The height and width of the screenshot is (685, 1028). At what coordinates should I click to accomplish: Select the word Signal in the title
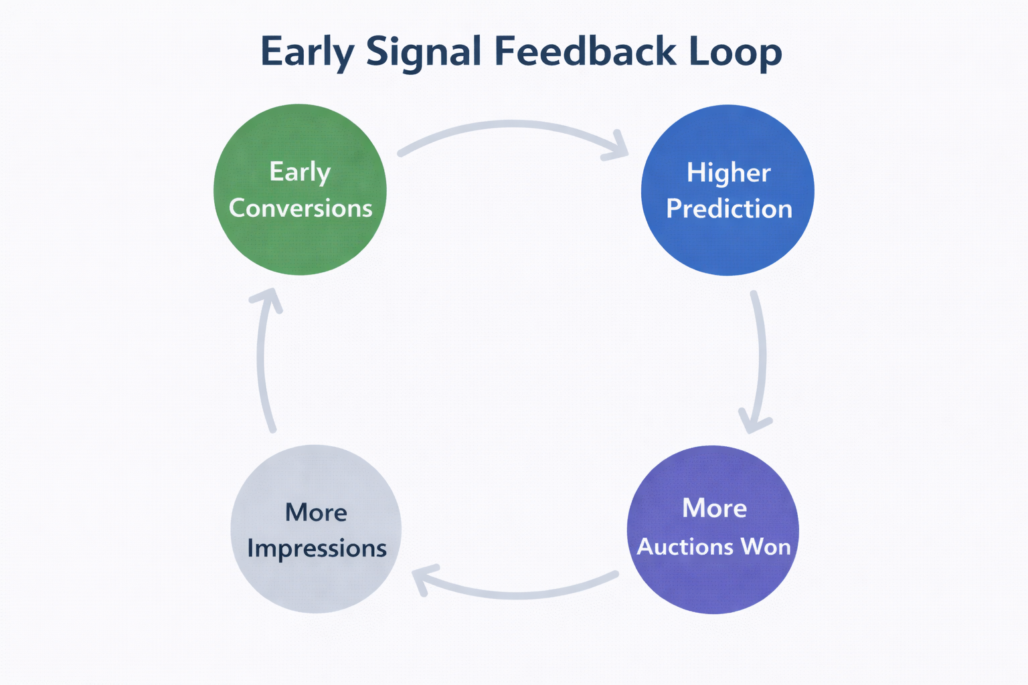[423, 52]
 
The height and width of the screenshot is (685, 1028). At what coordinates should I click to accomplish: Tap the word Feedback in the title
[586, 51]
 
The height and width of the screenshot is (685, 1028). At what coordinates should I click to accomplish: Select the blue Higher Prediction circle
[727, 248]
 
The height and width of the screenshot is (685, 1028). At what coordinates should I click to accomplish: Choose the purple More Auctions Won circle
[713, 582]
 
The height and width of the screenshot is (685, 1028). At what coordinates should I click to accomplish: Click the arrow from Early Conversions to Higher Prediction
[512, 124]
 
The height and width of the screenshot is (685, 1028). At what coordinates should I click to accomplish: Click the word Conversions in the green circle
[301, 208]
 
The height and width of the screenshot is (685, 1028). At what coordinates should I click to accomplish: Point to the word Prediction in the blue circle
[729, 209]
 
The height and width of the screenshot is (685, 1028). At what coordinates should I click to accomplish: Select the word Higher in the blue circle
[728, 173]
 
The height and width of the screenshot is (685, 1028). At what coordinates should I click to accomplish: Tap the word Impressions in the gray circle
[317, 549]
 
